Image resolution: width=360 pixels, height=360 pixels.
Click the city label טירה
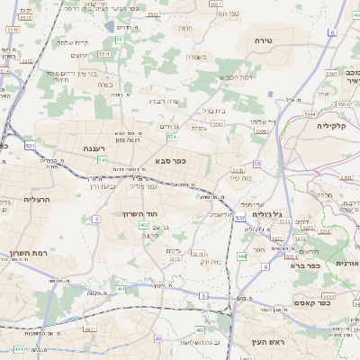coord(263,41)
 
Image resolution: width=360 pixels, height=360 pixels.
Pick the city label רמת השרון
coord(28,255)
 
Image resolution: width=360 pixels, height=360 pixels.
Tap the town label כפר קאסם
coord(311,303)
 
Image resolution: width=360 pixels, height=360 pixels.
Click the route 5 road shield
coord(203,296)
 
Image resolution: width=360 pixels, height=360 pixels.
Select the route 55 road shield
coord(257,164)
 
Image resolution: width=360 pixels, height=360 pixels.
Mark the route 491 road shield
coord(121,290)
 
